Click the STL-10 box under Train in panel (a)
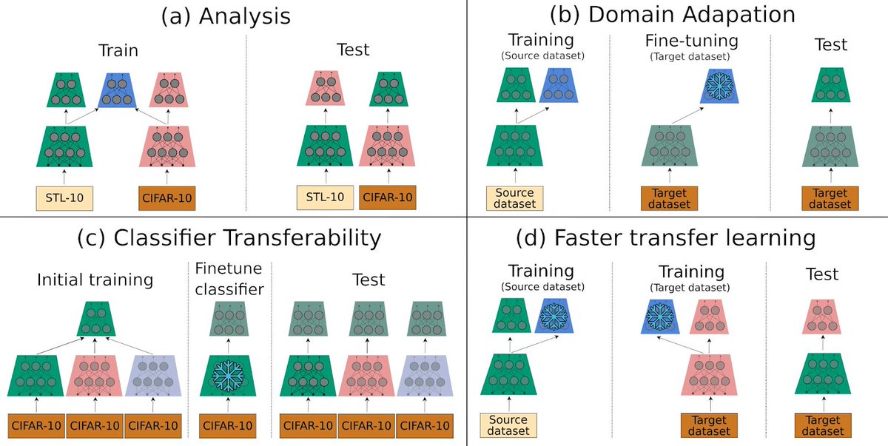coord(65,197)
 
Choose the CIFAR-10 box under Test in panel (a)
coord(386,197)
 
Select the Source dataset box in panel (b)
coord(515,198)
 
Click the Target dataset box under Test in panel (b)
coord(830,198)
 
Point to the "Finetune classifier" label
coord(229,280)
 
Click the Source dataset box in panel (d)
coord(508,425)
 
